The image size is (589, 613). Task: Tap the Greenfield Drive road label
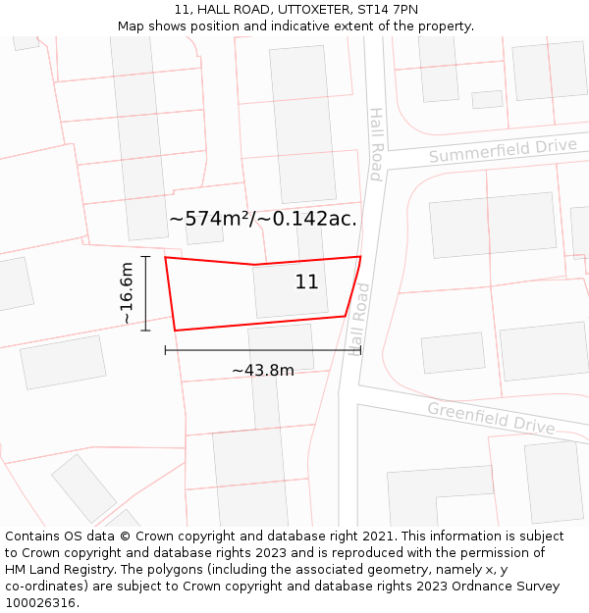(491, 418)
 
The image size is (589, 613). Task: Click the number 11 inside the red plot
(306, 282)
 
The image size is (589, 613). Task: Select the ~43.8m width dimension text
(263, 371)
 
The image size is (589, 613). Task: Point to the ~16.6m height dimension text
(128, 293)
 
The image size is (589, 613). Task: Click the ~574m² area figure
(210, 219)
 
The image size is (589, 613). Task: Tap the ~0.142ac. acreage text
(307, 219)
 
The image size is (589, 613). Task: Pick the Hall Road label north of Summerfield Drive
(375, 144)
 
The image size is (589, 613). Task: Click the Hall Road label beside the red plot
(357, 319)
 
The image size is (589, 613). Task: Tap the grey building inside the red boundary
(291, 290)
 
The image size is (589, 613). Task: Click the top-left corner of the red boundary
(165, 258)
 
